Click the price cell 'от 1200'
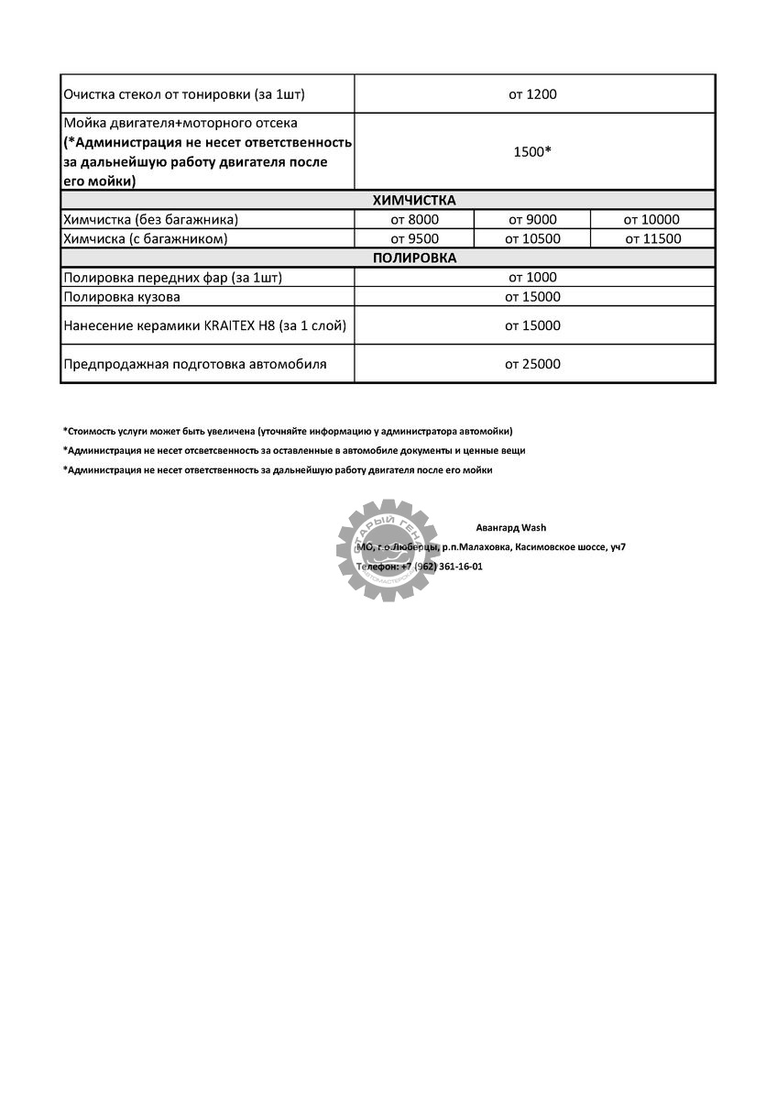[533, 94]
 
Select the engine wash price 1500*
[532, 152]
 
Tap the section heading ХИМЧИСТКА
[414, 201]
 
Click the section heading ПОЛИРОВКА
[414, 258]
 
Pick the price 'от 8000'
[415, 220]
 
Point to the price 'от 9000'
[532, 220]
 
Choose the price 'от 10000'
[651, 220]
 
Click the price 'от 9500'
[415, 239]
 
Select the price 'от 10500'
[532, 239]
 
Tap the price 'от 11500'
[652, 239]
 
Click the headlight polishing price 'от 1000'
[532, 278]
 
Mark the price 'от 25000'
[532, 364]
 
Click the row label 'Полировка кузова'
[122, 297]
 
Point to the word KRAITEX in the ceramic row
[232, 325]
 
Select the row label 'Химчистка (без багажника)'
[150, 220]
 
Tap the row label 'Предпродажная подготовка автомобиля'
[195, 364]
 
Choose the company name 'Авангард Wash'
[511, 528]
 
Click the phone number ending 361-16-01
[448, 566]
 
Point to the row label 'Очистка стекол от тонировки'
[183, 94]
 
